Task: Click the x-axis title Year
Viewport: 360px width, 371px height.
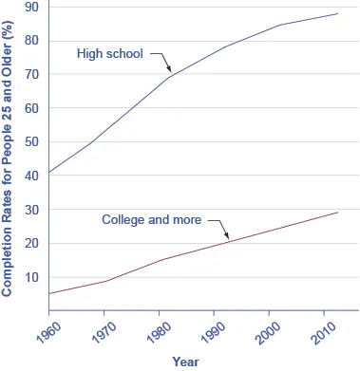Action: [x=186, y=362]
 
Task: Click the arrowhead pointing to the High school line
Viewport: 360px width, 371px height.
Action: [x=169, y=72]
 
